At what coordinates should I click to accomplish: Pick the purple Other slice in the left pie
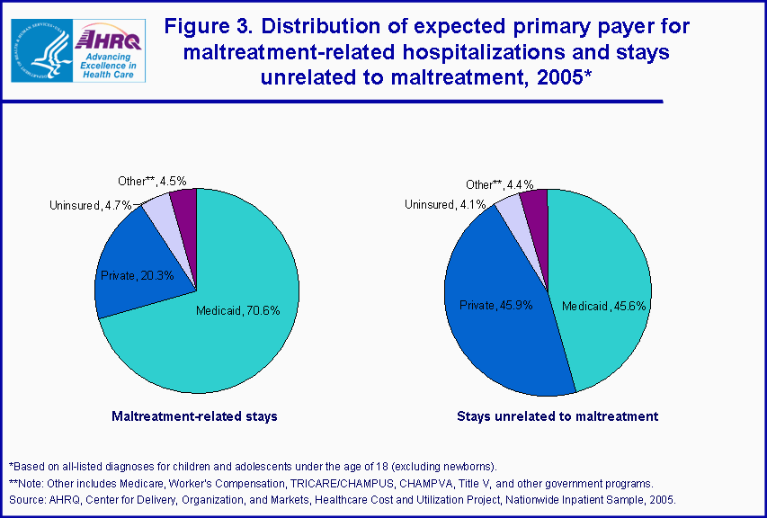tap(184, 202)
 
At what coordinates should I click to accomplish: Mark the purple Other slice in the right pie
tap(535, 202)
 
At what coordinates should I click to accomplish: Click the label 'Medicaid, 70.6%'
tap(238, 311)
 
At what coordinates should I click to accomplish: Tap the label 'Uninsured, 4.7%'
tap(91, 206)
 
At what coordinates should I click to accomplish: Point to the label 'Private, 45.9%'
tap(495, 306)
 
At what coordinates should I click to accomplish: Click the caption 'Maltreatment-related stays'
tap(194, 416)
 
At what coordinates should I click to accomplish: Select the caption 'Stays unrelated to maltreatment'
tap(557, 416)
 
